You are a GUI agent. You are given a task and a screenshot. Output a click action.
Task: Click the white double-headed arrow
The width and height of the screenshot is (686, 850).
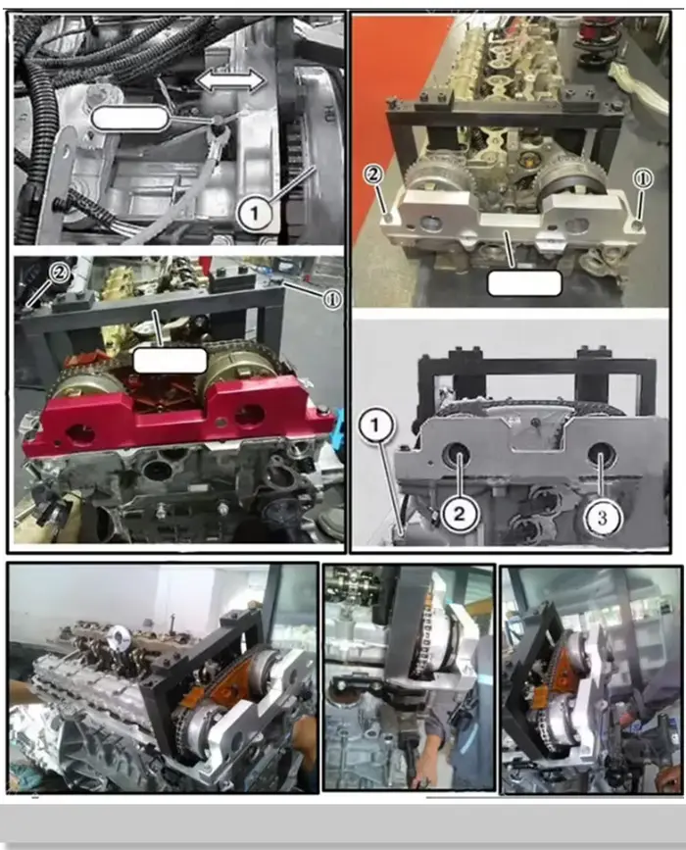click(x=230, y=81)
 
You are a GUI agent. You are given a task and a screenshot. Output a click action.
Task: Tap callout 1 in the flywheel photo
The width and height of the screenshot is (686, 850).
click(x=255, y=214)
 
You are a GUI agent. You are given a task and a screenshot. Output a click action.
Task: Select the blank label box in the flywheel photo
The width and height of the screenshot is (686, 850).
click(x=129, y=119)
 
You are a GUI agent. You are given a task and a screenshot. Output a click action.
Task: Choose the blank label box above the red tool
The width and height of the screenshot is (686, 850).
click(x=170, y=361)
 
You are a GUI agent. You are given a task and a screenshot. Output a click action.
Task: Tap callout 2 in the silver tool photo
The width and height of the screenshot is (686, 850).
click(x=374, y=175)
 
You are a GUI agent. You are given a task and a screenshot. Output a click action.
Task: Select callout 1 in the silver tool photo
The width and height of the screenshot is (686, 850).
click(x=642, y=179)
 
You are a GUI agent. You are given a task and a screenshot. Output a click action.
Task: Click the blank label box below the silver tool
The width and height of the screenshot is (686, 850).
click(x=524, y=283)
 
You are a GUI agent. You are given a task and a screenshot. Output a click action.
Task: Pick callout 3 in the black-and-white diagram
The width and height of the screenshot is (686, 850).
click(x=602, y=518)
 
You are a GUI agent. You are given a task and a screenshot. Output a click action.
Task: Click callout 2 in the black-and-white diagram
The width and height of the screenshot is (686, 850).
click(x=459, y=514)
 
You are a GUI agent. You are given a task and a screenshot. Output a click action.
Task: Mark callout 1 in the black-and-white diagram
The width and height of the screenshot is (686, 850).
click(x=374, y=425)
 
